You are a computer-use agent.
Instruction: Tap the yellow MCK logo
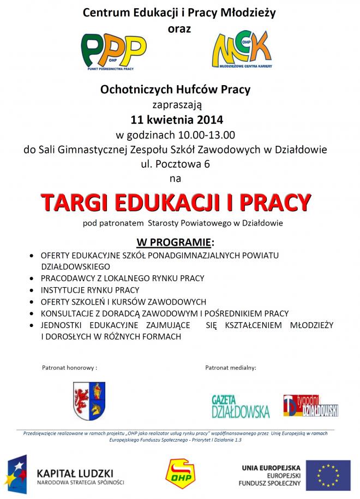(243, 51)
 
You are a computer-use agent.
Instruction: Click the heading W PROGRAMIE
(175, 241)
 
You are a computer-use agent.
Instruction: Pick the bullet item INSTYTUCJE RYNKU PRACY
(90, 290)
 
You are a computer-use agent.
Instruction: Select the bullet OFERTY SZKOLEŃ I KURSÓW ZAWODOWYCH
(123, 302)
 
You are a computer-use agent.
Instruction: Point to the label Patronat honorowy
(69, 368)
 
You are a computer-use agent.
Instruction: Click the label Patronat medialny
(231, 368)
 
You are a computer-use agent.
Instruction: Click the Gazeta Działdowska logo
(240, 407)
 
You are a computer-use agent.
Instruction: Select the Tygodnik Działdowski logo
(310, 406)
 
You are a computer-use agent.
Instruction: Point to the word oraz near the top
(179, 28)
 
